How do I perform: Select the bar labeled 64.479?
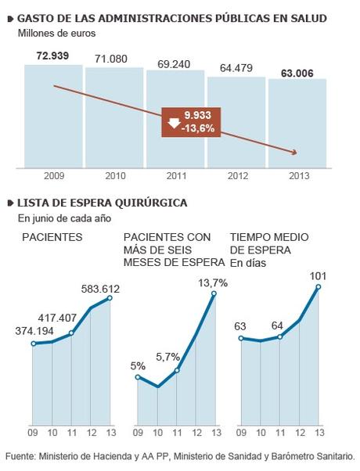236,120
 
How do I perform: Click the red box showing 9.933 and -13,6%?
191,121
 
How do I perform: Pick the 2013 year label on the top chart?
297,177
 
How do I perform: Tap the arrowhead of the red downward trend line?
296,152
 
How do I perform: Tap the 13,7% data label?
213,282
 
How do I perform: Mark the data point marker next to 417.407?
71,333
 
